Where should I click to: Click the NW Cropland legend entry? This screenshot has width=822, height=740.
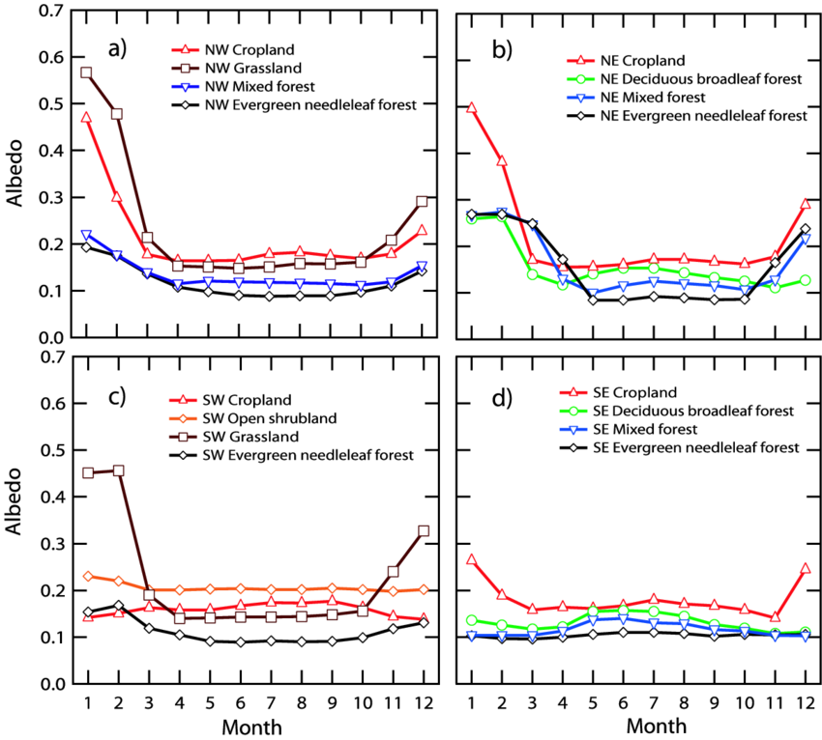[249, 49]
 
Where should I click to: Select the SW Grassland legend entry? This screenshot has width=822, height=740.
[250, 437]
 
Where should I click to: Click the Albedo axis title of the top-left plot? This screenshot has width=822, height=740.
[16, 173]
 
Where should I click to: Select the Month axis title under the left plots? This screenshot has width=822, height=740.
[252, 726]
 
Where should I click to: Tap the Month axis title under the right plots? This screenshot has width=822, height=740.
[657, 726]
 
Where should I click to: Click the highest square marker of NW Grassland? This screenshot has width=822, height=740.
[86, 72]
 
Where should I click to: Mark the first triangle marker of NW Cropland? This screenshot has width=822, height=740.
[86, 117]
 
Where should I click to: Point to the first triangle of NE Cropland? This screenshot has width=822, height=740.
[471, 108]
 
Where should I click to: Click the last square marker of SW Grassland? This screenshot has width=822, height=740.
[423, 531]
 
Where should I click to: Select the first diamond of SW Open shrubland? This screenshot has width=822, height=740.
[87, 576]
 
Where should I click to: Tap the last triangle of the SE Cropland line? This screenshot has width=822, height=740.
[805, 569]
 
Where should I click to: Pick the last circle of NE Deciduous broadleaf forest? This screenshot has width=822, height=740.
[805, 281]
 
